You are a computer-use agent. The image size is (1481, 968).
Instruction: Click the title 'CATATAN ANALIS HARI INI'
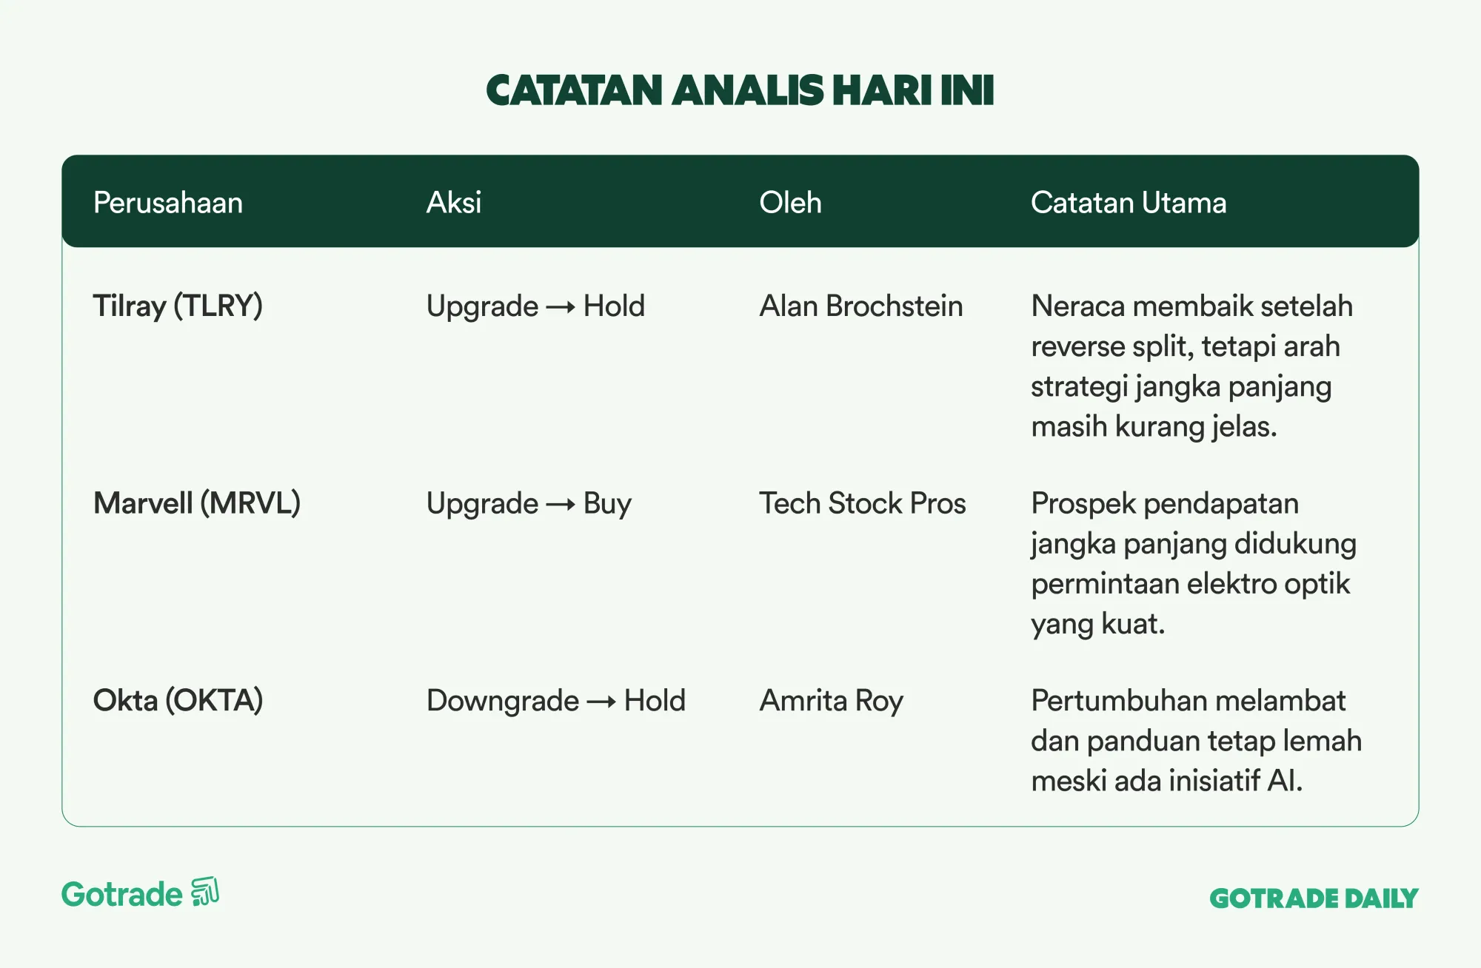[x=740, y=90]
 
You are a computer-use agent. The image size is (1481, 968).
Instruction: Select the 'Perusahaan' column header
[x=168, y=203]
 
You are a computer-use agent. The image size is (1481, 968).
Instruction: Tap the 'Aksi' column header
[x=454, y=203]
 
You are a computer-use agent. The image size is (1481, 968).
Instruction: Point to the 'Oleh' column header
[x=790, y=203]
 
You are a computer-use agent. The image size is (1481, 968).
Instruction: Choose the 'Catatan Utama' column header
[x=1129, y=203]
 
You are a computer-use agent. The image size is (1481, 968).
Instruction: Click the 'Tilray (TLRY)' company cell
[x=178, y=306]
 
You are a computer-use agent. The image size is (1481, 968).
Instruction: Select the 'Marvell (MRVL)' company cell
[x=197, y=503]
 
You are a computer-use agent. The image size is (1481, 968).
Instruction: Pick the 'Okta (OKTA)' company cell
[x=178, y=701]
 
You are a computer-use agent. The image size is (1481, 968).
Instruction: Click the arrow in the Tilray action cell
[x=561, y=307]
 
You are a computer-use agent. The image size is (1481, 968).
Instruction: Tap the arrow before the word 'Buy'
[x=561, y=505]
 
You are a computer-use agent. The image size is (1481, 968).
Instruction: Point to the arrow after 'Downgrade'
[x=601, y=702]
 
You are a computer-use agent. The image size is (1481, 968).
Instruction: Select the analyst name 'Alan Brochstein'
[x=861, y=306]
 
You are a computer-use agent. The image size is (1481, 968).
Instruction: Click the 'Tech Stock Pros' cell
[x=863, y=503]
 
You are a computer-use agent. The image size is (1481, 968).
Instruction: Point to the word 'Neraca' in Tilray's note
[x=1077, y=306]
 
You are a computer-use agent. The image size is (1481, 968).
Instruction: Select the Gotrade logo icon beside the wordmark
[x=205, y=892]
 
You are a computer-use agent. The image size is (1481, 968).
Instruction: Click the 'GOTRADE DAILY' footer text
[x=1314, y=898]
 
